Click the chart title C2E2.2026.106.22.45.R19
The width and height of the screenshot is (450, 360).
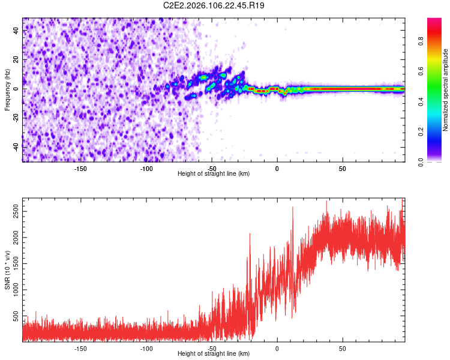pos(214,6)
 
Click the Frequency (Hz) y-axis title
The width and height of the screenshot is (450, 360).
pos(7,89)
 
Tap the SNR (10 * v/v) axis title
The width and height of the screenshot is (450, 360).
pos(7,271)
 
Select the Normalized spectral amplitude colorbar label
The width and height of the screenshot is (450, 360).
pos(446,89)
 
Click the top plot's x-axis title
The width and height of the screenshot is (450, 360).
pos(214,173)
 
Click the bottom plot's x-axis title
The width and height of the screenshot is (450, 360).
pos(214,353)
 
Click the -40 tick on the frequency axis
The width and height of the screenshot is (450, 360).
pos(15,147)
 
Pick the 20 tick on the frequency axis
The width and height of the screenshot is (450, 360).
pos(17,60)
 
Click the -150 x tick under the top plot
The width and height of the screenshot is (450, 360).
pos(80,168)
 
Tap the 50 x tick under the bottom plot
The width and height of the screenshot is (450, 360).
pos(343,348)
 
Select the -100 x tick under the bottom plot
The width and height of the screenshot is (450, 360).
pos(146,348)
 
